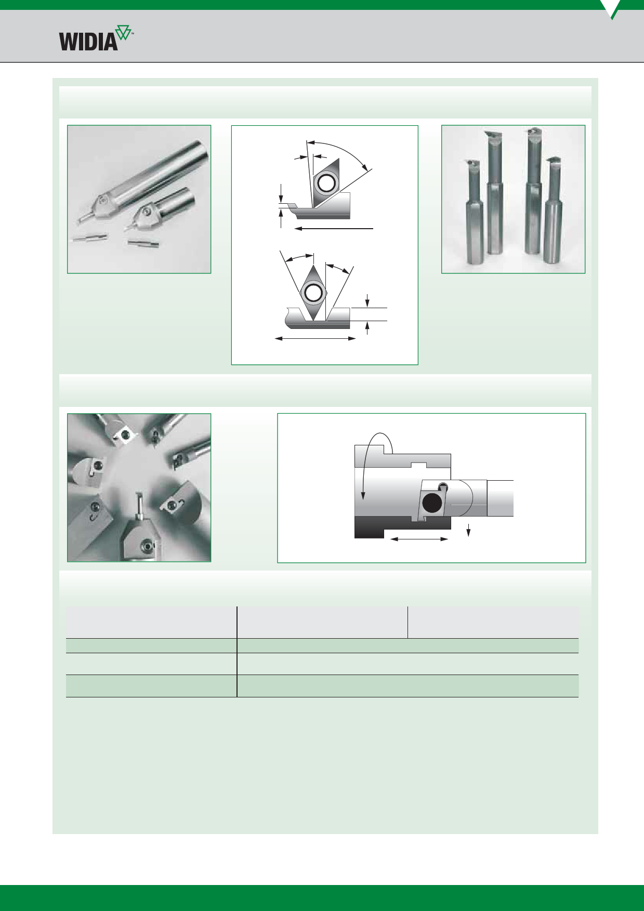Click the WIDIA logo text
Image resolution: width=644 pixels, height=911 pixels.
tap(88, 42)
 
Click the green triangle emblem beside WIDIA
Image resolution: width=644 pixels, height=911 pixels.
tap(124, 33)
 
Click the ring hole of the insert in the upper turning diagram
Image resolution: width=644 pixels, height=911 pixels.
tap(326, 183)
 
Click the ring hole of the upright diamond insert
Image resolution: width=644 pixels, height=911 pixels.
tap(313, 293)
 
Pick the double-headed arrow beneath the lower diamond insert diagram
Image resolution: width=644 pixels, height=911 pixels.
tap(315, 339)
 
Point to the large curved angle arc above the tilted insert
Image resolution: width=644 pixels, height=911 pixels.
tap(340, 151)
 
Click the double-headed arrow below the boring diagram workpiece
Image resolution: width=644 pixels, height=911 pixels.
tap(419, 539)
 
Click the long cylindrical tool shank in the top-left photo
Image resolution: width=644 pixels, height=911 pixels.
tap(156, 171)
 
